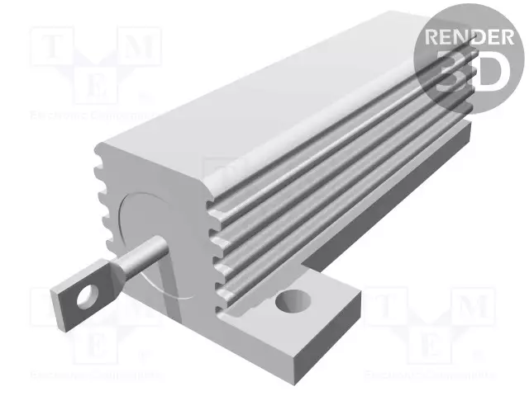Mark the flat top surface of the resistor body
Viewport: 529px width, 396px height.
tap(273, 99)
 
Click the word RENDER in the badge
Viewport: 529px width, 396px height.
tap(467, 37)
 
